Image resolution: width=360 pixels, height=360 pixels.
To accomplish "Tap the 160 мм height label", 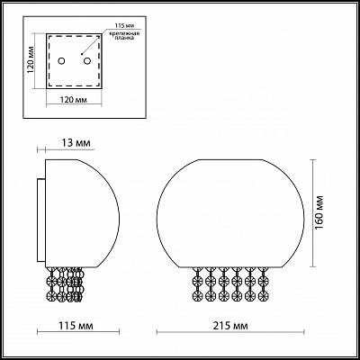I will pyautogui.click(x=331, y=214).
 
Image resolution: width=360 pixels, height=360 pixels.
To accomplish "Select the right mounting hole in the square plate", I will pyautogui.click(x=85, y=61).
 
